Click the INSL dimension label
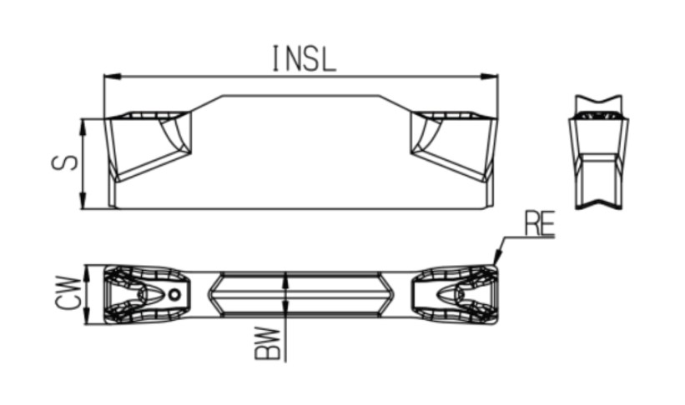tap(304, 58)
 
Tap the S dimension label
tap(64, 162)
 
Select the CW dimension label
tap(69, 292)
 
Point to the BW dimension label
tap(267, 343)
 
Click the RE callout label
tap(540, 223)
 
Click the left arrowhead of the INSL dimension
tap(113, 77)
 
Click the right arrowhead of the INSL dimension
tap(489, 77)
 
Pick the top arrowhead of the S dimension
tap(83, 127)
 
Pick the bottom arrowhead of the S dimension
tap(83, 201)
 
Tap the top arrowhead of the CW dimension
tap(87, 272)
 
